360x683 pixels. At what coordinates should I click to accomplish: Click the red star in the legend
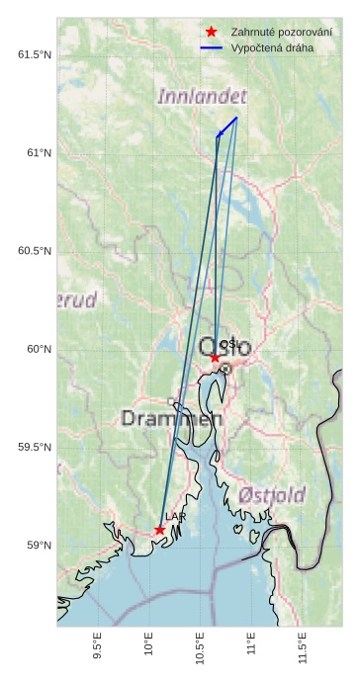point(211,32)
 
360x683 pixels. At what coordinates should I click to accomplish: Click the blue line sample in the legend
point(211,47)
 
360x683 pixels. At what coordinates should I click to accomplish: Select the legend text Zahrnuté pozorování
point(281,32)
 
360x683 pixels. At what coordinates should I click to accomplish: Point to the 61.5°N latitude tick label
point(35,54)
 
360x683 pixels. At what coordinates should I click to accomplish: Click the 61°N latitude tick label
point(39,152)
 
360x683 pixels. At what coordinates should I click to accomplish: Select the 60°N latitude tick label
point(39,349)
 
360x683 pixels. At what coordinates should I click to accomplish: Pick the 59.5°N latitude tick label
point(35,447)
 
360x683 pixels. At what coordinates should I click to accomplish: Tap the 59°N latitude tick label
point(39,545)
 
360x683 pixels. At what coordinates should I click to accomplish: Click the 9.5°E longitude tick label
point(97,650)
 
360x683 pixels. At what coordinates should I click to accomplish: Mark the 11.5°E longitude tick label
point(303,650)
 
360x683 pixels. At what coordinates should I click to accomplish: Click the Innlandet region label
point(202,97)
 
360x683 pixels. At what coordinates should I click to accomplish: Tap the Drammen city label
point(171,419)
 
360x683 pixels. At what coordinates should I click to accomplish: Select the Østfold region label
point(272,495)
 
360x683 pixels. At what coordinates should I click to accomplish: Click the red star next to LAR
point(159,530)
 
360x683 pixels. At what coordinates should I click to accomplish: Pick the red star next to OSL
point(215,358)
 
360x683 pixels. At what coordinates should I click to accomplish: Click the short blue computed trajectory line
point(227,126)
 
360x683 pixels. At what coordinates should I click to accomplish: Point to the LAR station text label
point(175,517)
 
